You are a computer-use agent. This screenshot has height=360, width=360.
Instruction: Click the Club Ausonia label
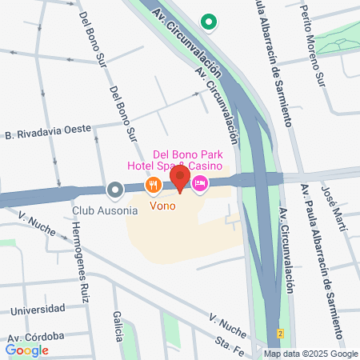coord(105,210)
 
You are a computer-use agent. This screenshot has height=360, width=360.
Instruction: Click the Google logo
coord(26,350)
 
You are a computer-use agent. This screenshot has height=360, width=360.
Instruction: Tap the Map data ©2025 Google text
coord(311,354)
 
